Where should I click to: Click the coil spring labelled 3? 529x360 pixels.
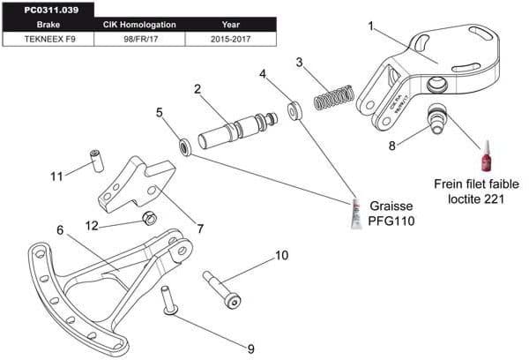335,96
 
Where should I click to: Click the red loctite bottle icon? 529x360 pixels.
487,158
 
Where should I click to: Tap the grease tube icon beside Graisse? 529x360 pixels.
356,213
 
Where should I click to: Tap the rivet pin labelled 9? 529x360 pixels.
168,302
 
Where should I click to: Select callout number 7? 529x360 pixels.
200,229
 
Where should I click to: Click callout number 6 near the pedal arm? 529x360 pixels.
61,230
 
